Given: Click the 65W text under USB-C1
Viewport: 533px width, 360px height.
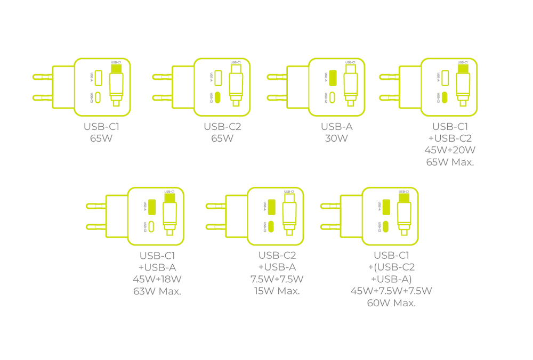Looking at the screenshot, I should click(102, 139).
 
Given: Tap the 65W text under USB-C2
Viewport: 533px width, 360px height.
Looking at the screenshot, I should click(222, 139).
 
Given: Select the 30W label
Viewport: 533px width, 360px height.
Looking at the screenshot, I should click(336, 139).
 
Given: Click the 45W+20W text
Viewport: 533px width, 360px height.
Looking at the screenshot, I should click(450, 150).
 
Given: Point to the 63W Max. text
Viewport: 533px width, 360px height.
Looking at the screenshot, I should click(157, 291).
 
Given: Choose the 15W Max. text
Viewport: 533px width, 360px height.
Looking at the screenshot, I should click(277, 291).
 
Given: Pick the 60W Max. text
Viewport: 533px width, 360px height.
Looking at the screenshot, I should click(391, 303).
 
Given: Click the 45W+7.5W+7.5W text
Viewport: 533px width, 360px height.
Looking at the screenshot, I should click(391, 291).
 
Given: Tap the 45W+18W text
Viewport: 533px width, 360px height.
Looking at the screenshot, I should click(157, 279).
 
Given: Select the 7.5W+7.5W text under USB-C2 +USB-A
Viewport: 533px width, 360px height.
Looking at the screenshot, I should click(277, 279).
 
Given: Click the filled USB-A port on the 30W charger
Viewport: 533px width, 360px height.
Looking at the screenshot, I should click(333, 78).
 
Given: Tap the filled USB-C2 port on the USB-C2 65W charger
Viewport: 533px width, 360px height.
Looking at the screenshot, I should click(218, 98).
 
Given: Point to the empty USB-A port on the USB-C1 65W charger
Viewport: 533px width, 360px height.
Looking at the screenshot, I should click(99, 78).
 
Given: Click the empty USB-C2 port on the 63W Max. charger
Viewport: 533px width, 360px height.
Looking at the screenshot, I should click(152, 226).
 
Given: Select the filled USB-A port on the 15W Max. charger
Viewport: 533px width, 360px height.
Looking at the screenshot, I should click(271, 207).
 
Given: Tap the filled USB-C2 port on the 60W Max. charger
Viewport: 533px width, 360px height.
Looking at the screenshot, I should click(386, 226).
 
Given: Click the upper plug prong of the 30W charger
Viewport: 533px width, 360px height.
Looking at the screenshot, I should click(276, 77).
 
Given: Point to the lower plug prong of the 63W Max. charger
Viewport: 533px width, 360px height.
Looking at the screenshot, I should click(95, 227).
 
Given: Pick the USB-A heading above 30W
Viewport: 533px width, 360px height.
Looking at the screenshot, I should click(336, 127).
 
